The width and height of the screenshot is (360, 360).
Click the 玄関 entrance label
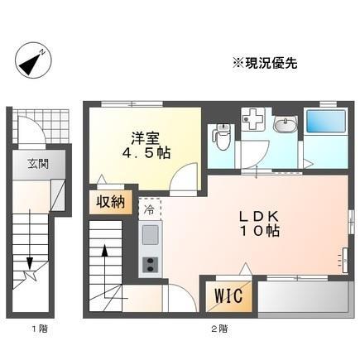tap(36, 163)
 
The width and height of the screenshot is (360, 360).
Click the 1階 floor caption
tap(39, 329)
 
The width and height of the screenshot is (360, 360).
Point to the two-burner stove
tap(151, 264)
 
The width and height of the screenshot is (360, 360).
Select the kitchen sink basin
tap(151, 234)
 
